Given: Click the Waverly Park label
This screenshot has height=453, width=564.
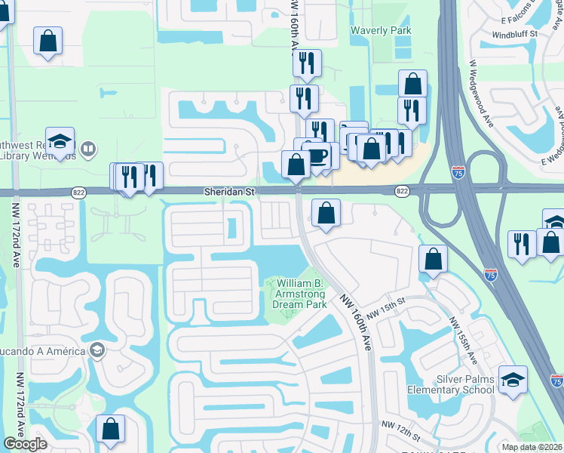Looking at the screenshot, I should tap(381, 31).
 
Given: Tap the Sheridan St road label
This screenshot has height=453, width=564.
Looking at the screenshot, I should tap(230, 193).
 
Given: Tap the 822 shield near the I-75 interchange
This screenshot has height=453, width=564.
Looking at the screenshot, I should tap(402, 193).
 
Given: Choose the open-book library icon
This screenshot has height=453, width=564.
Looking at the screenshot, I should tap(88, 149).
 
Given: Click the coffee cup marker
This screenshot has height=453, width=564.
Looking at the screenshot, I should tap(316, 155).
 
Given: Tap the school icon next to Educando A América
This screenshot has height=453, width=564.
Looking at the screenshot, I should tap(97, 350).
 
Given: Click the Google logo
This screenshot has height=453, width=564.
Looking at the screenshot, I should tap(25, 444).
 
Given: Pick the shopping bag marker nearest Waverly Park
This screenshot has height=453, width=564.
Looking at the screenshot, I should tap(412, 84).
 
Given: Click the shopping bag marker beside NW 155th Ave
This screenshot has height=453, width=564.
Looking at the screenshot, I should tap(434, 260).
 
